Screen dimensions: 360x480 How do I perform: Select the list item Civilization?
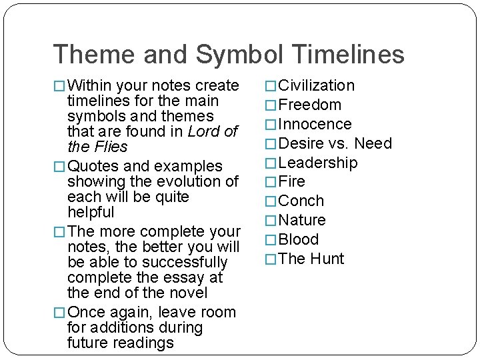coord(317,85)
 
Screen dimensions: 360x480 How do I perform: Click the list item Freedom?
coord(310,105)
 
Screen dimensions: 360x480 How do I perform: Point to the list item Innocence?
coord(315,124)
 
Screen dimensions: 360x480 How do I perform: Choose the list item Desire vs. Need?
coord(335,143)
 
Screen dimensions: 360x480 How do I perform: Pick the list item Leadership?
coord(318,163)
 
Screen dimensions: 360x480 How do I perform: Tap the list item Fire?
coord(292,181)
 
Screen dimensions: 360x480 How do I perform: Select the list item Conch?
coord(301,201)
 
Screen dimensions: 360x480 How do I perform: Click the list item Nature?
coord(302,220)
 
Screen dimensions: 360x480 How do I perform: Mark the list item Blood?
coord(299,239)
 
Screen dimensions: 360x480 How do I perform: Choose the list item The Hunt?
coord(311,259)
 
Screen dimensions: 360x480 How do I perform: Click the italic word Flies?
coord(111,147)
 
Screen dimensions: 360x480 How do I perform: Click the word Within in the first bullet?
coord(91,85)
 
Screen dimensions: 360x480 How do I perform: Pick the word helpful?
coord(91,212)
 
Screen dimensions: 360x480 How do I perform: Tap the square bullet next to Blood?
coord(271,240)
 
